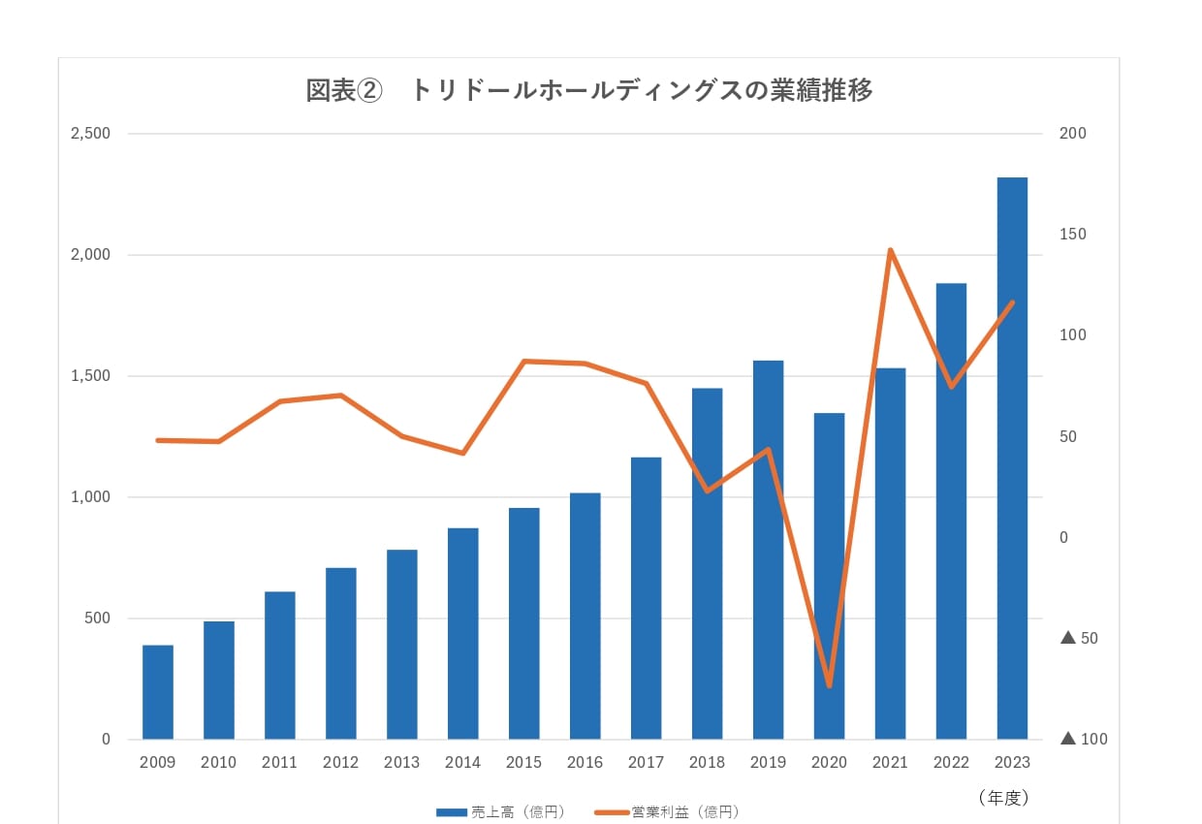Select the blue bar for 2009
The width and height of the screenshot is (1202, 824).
point(158,692)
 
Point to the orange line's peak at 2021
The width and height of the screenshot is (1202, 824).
point(890,250)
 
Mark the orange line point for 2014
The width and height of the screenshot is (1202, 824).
point(462,453)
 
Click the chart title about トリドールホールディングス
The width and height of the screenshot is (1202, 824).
point(589,90)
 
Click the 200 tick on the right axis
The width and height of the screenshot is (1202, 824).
point(1073,134)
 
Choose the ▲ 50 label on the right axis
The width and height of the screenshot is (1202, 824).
point(1080,639)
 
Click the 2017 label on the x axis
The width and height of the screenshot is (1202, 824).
point(646,763)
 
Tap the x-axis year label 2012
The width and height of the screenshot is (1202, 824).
point(340,763)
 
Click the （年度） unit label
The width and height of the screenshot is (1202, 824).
point(1002,798)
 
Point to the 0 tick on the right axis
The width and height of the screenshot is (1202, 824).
point(1063,538)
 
